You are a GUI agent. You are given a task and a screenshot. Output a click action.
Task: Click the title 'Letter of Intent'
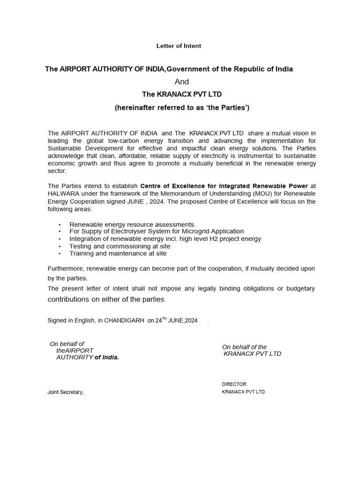[178, 46]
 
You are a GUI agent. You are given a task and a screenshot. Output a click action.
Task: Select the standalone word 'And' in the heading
[181, 82]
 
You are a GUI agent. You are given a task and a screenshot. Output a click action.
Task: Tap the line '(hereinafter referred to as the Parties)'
[182, 108]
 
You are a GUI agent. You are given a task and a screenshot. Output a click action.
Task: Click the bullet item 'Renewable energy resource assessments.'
[133, 225]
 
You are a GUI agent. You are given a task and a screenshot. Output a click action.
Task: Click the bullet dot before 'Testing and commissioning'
[60, 246]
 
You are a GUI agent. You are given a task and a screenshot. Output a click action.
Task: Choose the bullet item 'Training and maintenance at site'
[118, 254]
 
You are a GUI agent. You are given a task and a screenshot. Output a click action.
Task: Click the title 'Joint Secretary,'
[66, 392]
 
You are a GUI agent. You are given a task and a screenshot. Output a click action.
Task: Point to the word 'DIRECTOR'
[234, 384]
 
